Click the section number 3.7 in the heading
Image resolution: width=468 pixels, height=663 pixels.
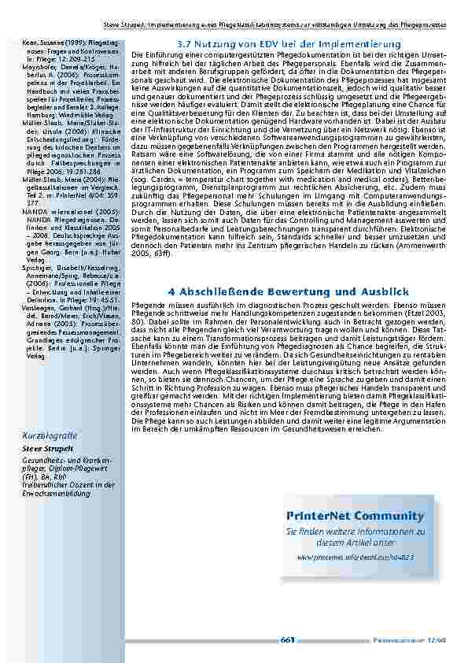click(188, 42)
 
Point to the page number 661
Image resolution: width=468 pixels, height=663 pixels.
click(288, 640)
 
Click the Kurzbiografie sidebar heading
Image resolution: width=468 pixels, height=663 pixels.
click(50, 435)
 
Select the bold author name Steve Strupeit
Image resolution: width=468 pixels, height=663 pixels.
click(46, 449)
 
